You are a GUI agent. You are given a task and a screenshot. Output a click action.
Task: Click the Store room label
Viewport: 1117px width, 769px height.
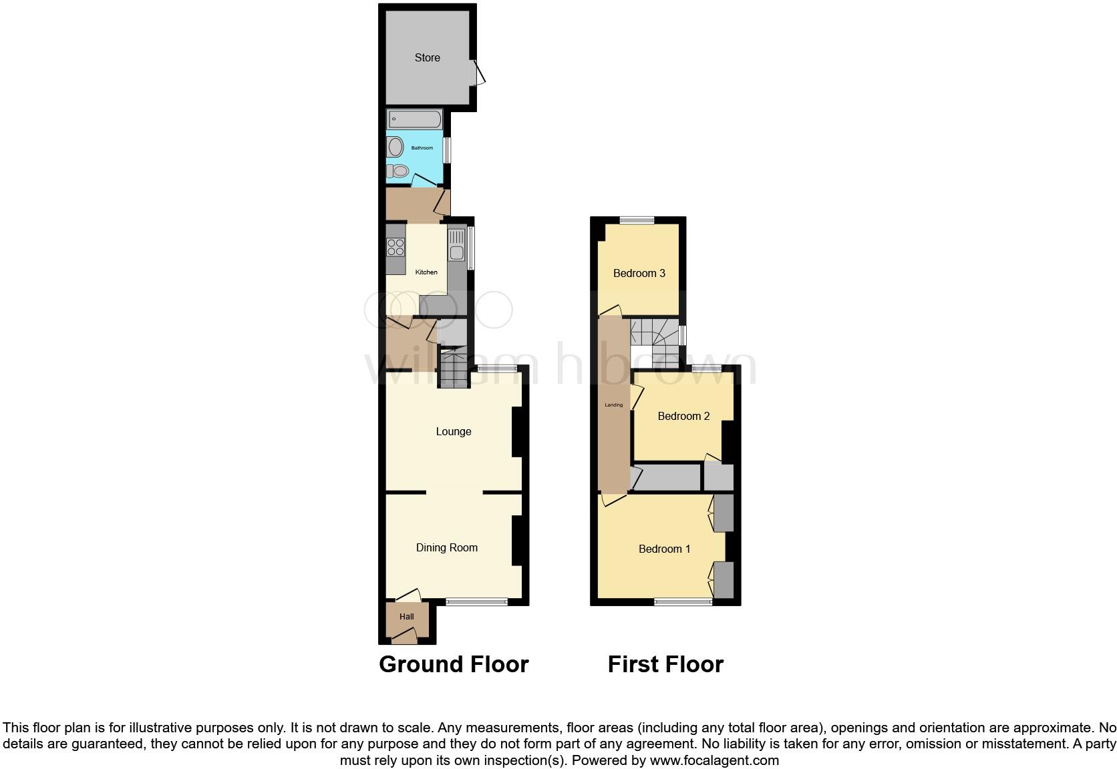click(x=427, y=58)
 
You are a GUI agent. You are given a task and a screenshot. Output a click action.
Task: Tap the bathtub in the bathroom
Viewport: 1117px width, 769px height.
click(x=414, y=120)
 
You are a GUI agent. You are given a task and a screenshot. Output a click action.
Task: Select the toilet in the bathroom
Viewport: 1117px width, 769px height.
click(x=399, y=172)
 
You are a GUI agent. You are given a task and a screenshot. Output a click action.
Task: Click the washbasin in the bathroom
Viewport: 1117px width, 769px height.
click(x=395, y=147)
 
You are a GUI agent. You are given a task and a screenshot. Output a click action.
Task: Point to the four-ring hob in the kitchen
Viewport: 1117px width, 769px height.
click(x=395, y=247)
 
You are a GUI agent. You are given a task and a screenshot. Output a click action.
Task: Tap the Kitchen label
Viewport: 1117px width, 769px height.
click(x=426, y=272)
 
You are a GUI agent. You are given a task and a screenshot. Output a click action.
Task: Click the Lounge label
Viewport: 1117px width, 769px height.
click(x=454, y=432)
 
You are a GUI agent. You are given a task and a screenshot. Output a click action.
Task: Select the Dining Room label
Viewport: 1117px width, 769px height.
click(x=446, y=548)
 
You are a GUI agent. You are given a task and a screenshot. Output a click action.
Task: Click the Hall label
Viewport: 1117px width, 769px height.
click(x=407, y=617)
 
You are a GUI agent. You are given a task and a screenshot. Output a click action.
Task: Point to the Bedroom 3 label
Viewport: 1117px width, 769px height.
click(x=639, y=273)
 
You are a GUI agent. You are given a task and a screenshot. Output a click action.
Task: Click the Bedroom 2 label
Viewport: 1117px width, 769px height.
click(x=683, y=417)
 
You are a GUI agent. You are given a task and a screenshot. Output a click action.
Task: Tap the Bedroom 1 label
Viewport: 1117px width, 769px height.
click(x=664, y=549)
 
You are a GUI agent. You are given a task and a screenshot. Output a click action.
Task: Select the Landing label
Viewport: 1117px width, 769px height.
click(x=613, y=405)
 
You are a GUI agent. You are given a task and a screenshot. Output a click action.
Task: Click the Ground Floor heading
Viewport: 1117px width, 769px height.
click(x=454, y=664)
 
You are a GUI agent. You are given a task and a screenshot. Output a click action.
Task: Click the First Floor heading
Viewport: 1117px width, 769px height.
click(x=665, y=664)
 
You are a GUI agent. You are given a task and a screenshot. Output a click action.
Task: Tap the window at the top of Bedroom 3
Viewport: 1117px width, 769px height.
click(x=637, y=220)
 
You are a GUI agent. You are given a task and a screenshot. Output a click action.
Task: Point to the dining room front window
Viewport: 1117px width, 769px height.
click(x=476, y=602)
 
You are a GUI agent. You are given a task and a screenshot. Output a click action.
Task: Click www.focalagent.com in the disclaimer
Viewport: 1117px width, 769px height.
click(x=714, y=760)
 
